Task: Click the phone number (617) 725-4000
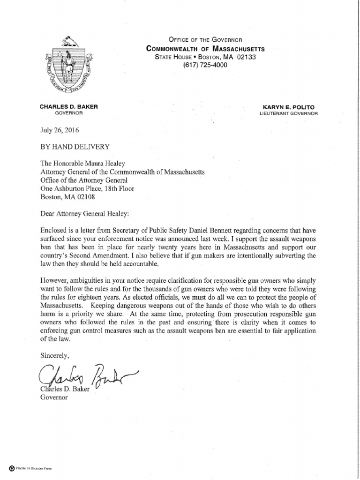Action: coord(205,65)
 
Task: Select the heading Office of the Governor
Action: coord(205,40)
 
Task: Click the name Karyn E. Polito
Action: coord(289,107)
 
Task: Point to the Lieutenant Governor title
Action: coord(289,113)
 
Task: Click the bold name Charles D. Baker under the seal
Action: coord(68,107)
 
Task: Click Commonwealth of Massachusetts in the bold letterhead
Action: coord(205,48)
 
